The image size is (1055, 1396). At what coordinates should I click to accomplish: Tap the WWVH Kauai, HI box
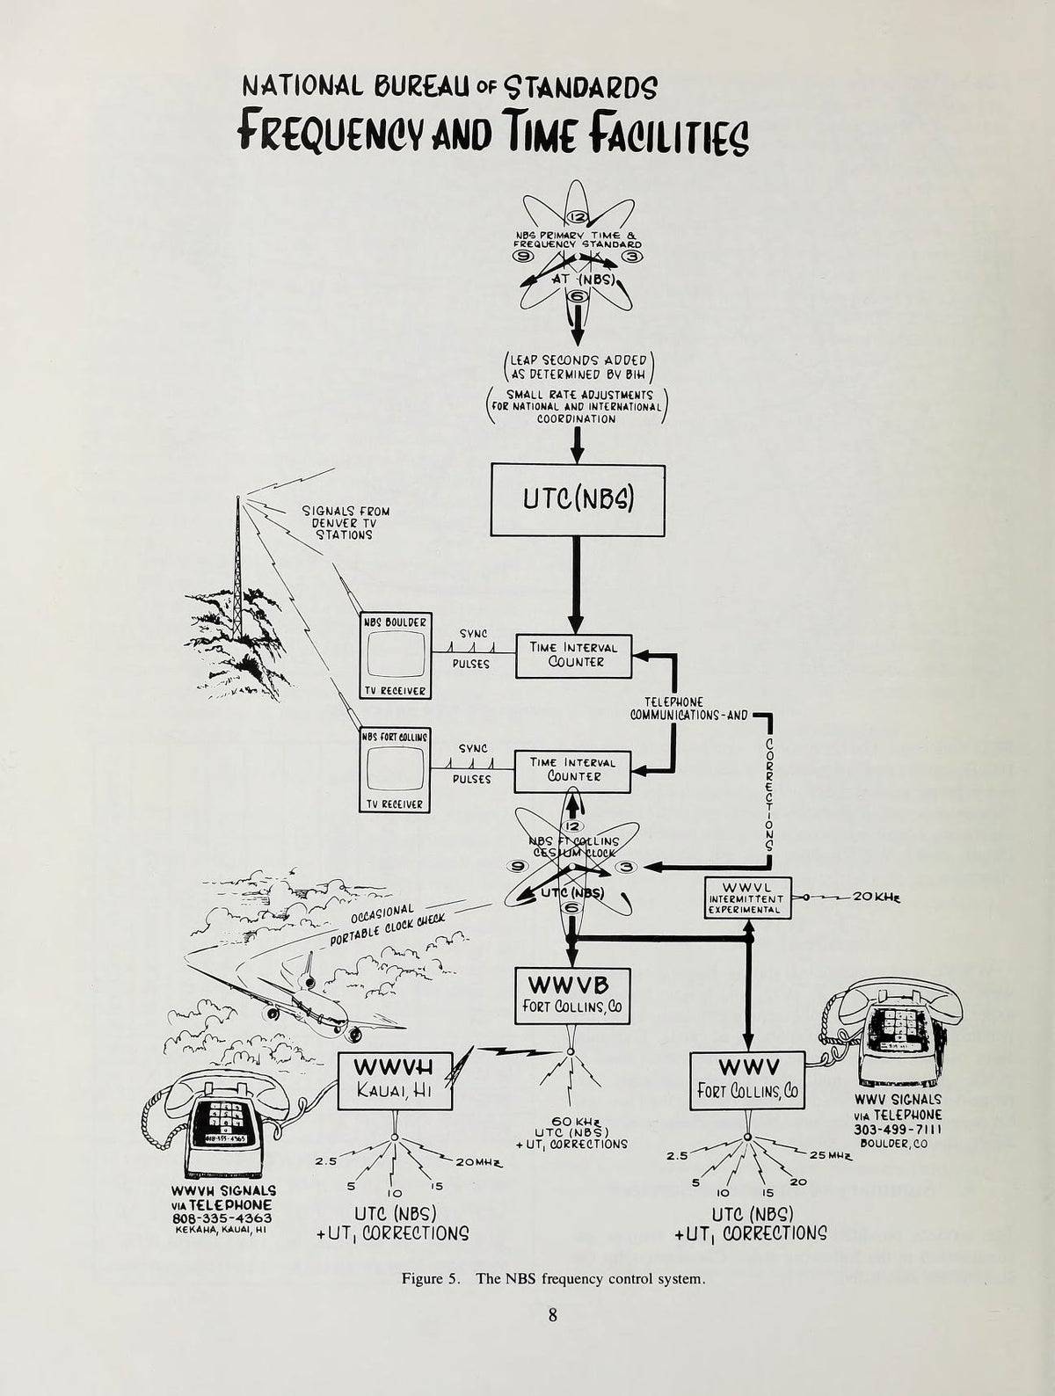pyautogui.click(x=395, y=1080)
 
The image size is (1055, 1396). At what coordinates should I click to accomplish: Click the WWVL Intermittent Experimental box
pyautogui.click(x=747, y=898)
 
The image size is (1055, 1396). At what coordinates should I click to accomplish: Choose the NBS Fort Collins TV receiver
pyautogui.click(x=395, y=770)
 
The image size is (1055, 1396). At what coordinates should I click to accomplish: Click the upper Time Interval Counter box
pyautogui.click(x=573, y=655)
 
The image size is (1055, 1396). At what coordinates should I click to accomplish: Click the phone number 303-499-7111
pyautogui.click(x=898, y=1130)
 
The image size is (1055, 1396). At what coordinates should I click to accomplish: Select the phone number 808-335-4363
pyautogui.click(x=222, y=1218)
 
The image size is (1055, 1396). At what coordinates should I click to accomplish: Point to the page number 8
pyautogui.click(x=552, y=1315)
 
